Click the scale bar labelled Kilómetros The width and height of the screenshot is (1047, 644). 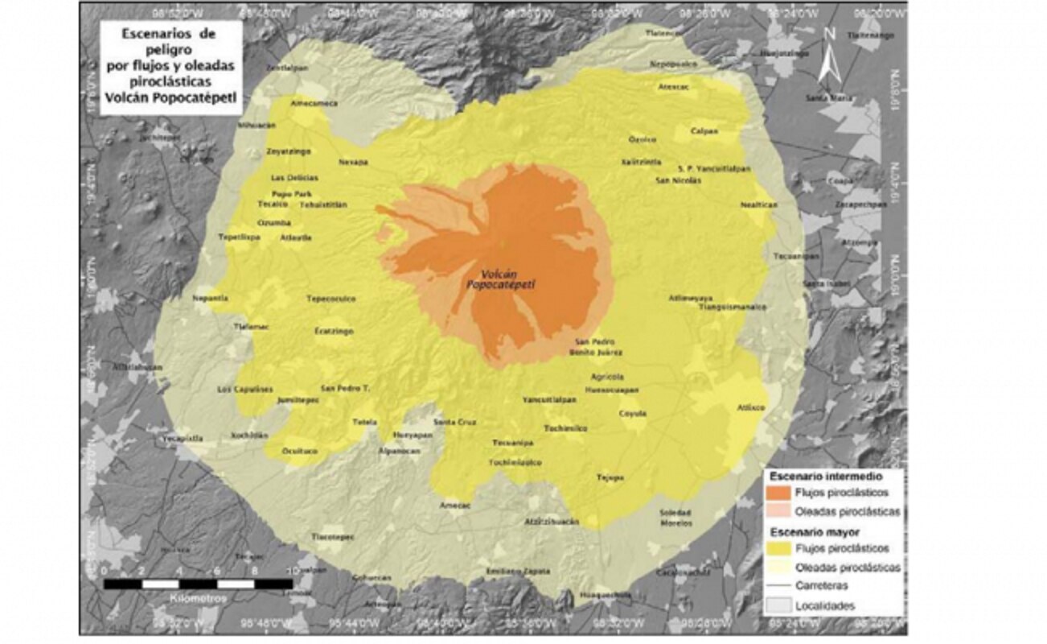point(198,583)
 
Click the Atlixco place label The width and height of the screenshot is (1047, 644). point(751,408)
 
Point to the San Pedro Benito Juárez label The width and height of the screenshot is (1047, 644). point(593,347)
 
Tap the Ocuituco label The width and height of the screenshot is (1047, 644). point(300,452)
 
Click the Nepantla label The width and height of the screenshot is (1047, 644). point(211,298)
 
